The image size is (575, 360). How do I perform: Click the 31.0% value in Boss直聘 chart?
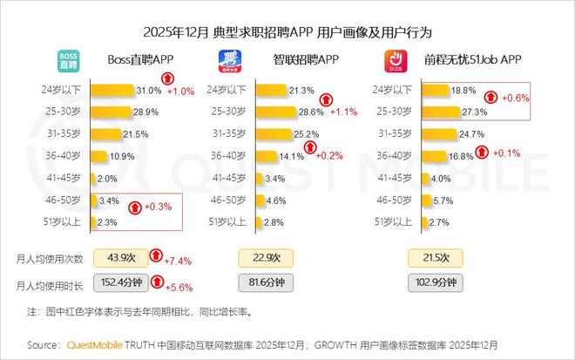pyautogui.click(x=147, y=90)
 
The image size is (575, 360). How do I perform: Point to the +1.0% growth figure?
pyautogui.click(x=181, y=91)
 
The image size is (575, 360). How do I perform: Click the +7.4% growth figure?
pyautogui.click(x=179, y=261)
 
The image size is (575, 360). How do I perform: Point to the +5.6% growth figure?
pyautogui.click(x=179, y=284)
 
